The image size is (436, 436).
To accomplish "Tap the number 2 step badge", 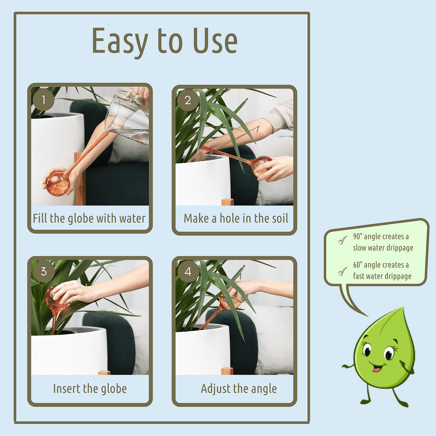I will click(188, 100).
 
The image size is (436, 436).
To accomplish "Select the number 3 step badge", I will click(43, 271).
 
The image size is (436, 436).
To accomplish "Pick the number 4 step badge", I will click(188, 271).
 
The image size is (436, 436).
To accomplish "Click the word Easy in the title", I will click(119, 42).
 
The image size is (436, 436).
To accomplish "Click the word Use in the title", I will click(214, 42).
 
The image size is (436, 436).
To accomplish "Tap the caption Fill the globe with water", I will click(89, 218).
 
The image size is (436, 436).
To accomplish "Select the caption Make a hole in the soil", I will click(236, 218).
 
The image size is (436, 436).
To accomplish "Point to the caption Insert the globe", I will click(90, 389).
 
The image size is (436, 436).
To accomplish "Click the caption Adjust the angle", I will click(239, 389).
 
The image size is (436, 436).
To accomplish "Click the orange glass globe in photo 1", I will click(57, 183).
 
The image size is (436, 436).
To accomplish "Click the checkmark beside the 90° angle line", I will click(343, 241).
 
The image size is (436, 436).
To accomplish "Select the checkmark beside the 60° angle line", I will click(343, 271).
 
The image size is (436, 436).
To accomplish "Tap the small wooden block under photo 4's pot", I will click(227, 371).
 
